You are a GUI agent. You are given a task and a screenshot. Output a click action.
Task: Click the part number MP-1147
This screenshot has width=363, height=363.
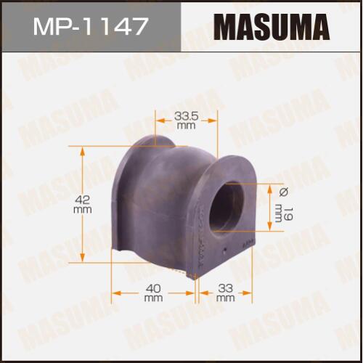tap(90, 26)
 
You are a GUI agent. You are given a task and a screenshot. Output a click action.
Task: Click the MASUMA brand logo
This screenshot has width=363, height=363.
tap(272, 26)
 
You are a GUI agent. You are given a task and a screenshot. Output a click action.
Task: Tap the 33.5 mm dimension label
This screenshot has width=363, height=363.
tap(186, 121)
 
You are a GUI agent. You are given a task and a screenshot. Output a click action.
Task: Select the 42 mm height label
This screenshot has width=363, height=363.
tap(83, 205)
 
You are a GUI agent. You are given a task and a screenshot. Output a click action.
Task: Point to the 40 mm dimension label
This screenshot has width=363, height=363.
tap(153, 293)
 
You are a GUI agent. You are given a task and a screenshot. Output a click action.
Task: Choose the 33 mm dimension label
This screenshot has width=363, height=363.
tap(225, 293)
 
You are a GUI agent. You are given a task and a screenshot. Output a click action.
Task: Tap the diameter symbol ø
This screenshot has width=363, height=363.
tap(284, 192)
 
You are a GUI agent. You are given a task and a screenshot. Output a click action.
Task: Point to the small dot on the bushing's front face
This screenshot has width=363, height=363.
tap(225, 249)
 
